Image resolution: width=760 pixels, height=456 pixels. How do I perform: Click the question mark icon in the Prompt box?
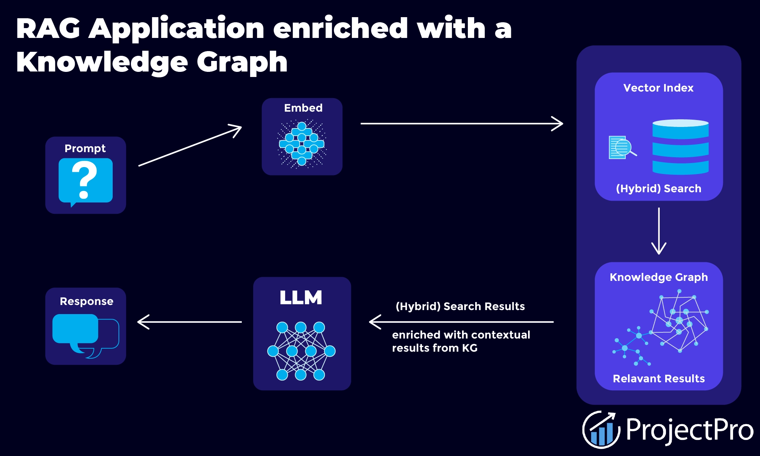click(85, 181)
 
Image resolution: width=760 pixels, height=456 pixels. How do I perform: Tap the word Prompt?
click(85, 148)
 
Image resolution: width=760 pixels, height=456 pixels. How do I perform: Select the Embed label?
click(303, 108)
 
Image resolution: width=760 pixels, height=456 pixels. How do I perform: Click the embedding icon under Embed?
click(302, 144)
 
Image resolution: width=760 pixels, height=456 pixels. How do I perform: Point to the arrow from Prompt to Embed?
click(190, 146)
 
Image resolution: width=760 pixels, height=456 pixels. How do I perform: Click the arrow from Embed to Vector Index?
click(461, 124)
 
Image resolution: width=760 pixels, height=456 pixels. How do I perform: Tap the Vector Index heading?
click(658, 88)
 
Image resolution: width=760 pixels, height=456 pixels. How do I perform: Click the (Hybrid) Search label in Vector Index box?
click(658, 189)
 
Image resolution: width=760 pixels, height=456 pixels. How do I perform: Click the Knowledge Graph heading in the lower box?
click(659, 277)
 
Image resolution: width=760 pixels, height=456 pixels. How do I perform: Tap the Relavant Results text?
click(659, 379)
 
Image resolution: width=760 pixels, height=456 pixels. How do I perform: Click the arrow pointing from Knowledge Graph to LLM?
click(461, 322)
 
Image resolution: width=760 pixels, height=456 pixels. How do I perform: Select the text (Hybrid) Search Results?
click(460, 306)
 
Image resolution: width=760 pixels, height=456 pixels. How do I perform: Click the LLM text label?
click(301, 298)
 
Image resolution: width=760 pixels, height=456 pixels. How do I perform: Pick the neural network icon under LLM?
click(301, 351)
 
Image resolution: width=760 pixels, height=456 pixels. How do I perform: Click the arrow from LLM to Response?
click(190, 322)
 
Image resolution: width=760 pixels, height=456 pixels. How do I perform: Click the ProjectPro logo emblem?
click(601, 430)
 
